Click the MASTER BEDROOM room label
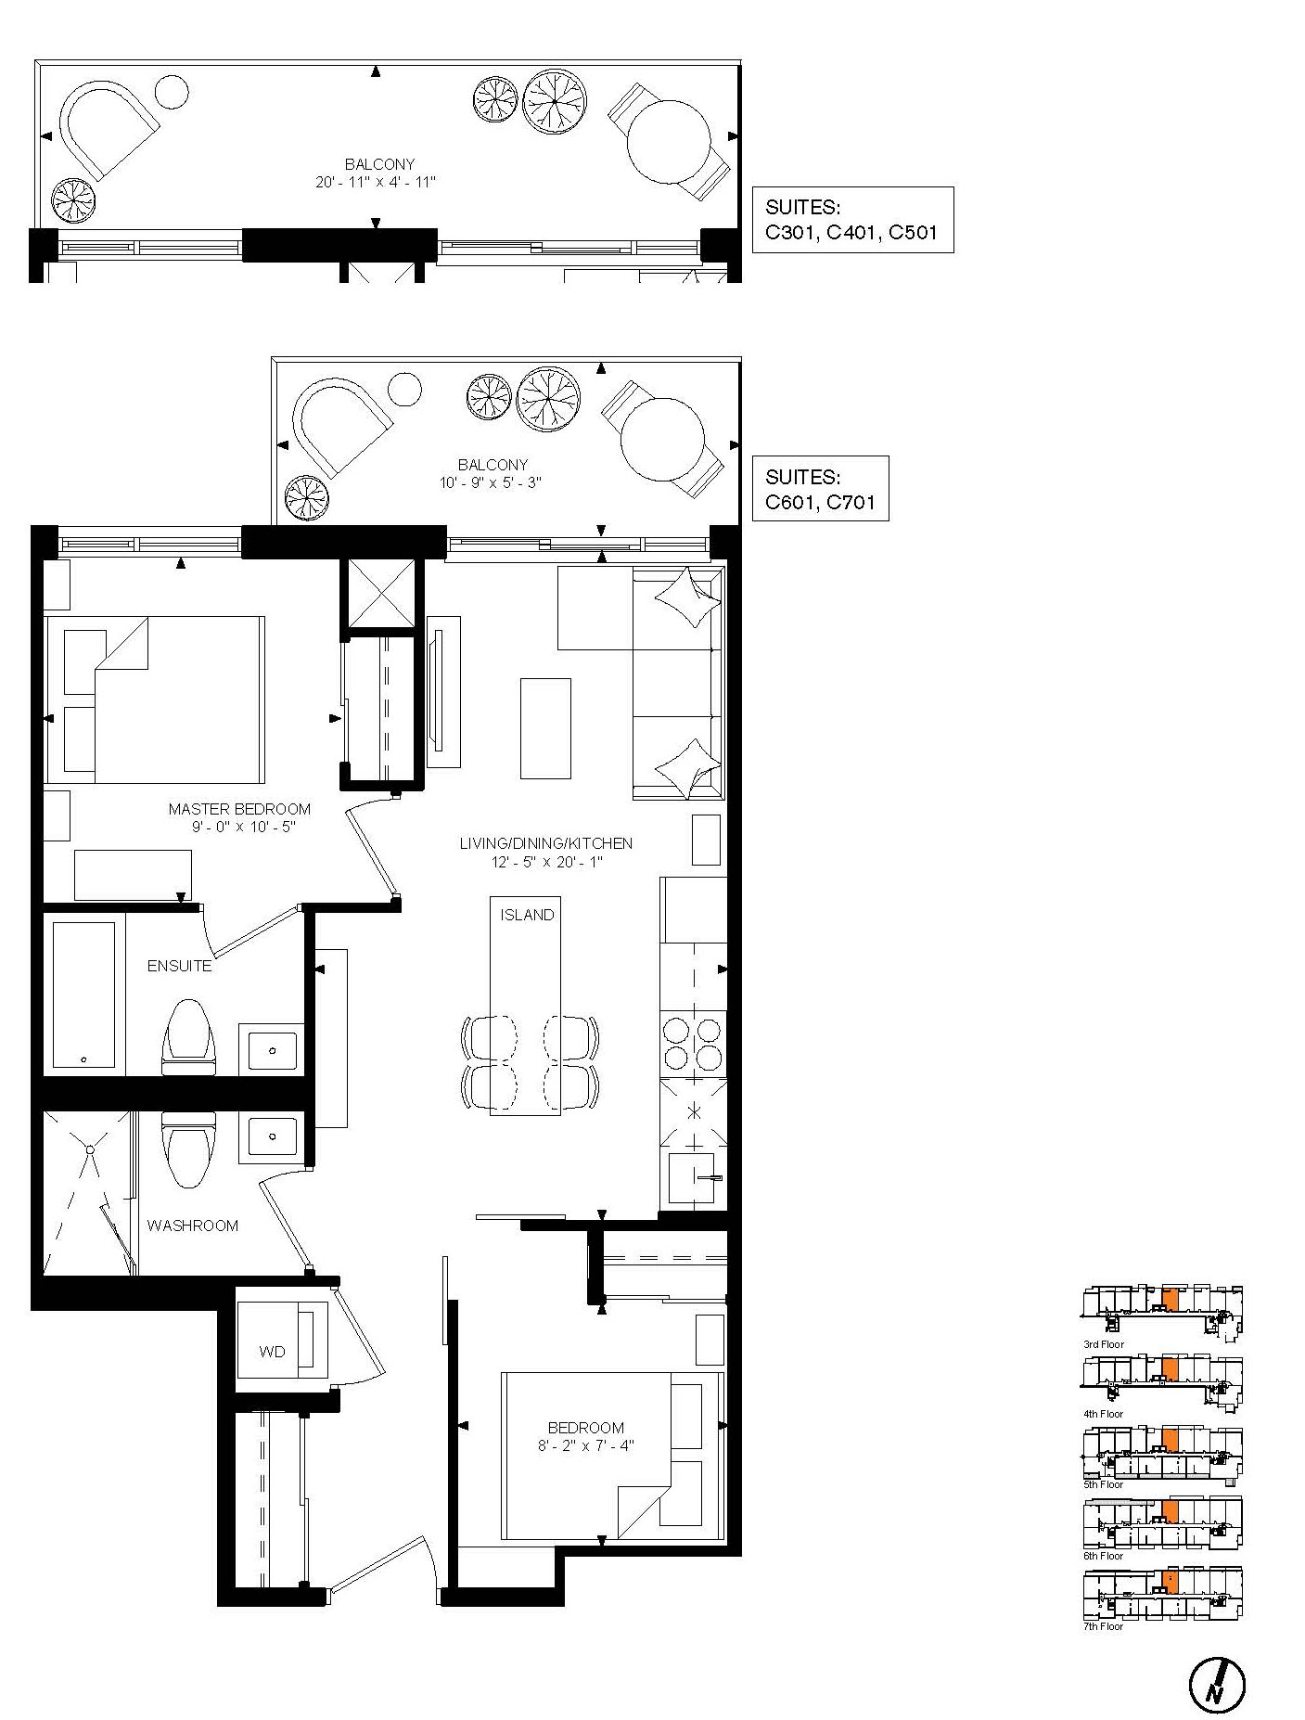pyautogui.click(x=239, y=809)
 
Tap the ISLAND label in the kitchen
pyautogui.click(x=527, y=915)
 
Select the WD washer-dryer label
pyautogui.click(x=272, y=1352)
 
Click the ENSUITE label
pyautogui.click(x=179, y=966)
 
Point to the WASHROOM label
pyautogui.click(x=192, y=1226)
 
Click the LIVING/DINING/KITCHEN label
pyautogui.click(x=546, y=843)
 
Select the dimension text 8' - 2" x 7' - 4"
pyautogui.click(x=585, y=1445)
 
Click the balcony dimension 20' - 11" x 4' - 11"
pyautogui.click(x=376, y=182)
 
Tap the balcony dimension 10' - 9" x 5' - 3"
pyautogui.click(x=491, y=482)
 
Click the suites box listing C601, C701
pyautogui.click(x=820, y=488)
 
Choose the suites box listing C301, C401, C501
pyautogui.click(x=852, y=219)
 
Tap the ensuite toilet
pyautogui.click(x=188, y=1037)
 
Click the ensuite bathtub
pyautogui.click(x=84, y=994)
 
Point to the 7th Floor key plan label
pyautogui.click(x=1103, y=1626)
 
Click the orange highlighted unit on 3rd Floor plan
pyautogui.click(x=1171, y=1299)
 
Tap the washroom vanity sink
pyautogui.click(x=271, y=1137)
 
